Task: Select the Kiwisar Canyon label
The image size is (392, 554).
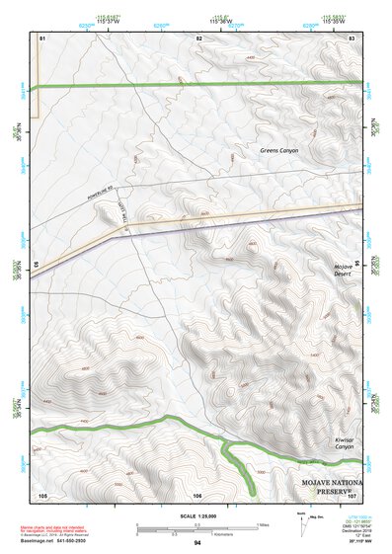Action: pos(343,443)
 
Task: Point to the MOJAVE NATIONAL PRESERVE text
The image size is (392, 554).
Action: pos(332,485)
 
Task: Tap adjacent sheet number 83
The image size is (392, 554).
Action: pos(353,36)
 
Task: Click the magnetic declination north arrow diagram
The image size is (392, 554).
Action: pos(301,522)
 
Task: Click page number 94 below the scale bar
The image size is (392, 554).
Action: pos(197,543)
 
